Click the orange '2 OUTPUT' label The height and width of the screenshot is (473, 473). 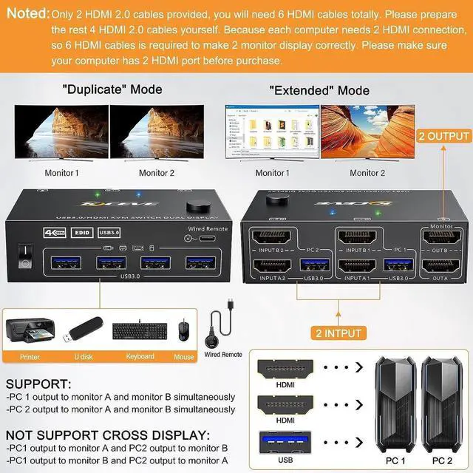tap(443, 136)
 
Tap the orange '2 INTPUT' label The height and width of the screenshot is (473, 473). tap(337, 333)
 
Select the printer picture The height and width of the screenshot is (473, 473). tap(30, 332)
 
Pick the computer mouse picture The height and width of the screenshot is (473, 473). tap(183, 330)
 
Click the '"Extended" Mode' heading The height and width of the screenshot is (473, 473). tap(319, 90)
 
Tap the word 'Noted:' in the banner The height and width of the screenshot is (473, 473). tap(27, 14)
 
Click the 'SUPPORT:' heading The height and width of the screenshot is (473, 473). tap(38, 385)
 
